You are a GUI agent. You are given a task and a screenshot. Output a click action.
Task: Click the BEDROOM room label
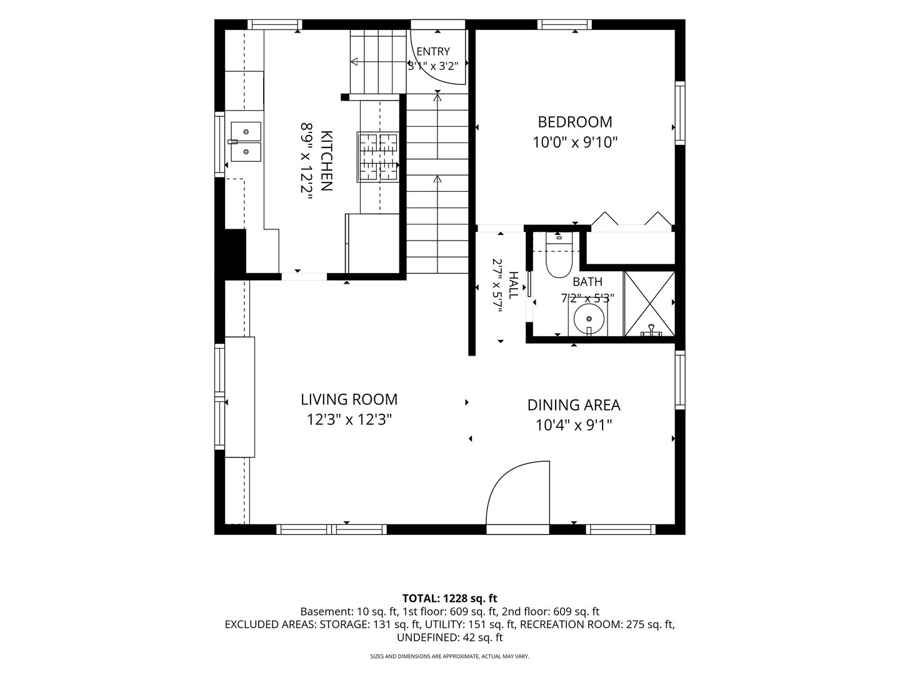[x=575, y=122]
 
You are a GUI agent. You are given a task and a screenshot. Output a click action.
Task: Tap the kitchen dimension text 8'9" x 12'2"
[x=306, y=161]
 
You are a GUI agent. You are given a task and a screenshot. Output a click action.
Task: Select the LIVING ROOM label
[x=349, y=399]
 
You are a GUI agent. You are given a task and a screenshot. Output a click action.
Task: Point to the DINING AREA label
[x=574, y=405]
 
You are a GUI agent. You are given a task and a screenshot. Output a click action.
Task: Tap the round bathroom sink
[x=589, y=319]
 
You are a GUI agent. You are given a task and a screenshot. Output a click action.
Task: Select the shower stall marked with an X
[x=649, y=303]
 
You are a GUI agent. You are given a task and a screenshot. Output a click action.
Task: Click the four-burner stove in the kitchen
[x=377, y=156]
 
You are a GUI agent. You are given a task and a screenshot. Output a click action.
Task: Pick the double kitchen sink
[x=246, y=141]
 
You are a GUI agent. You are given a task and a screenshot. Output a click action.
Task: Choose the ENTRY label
[x=433, y=52]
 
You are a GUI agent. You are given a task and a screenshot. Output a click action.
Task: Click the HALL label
[x=513, y=285]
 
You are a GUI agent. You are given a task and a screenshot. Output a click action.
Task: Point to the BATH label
[x=587, y=282]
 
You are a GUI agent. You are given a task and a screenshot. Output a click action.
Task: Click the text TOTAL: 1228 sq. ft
[x=450, y=598]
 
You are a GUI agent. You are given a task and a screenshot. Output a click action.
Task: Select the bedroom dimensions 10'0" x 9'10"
[x=575, y=142]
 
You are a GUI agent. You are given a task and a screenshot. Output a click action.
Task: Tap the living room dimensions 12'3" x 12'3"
[x=349, y=419]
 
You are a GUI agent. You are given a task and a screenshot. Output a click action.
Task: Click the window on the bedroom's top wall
[x=564, y=24]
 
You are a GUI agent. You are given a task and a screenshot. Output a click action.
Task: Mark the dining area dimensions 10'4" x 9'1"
[x=574, y=426]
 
